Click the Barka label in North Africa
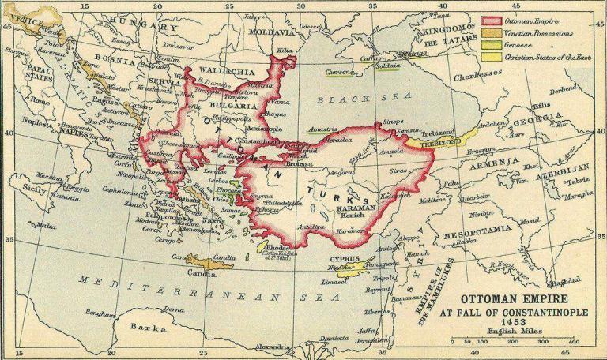(x=143, y=325)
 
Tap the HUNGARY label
(x=145, y=27)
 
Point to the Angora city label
(x=341, y=171)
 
